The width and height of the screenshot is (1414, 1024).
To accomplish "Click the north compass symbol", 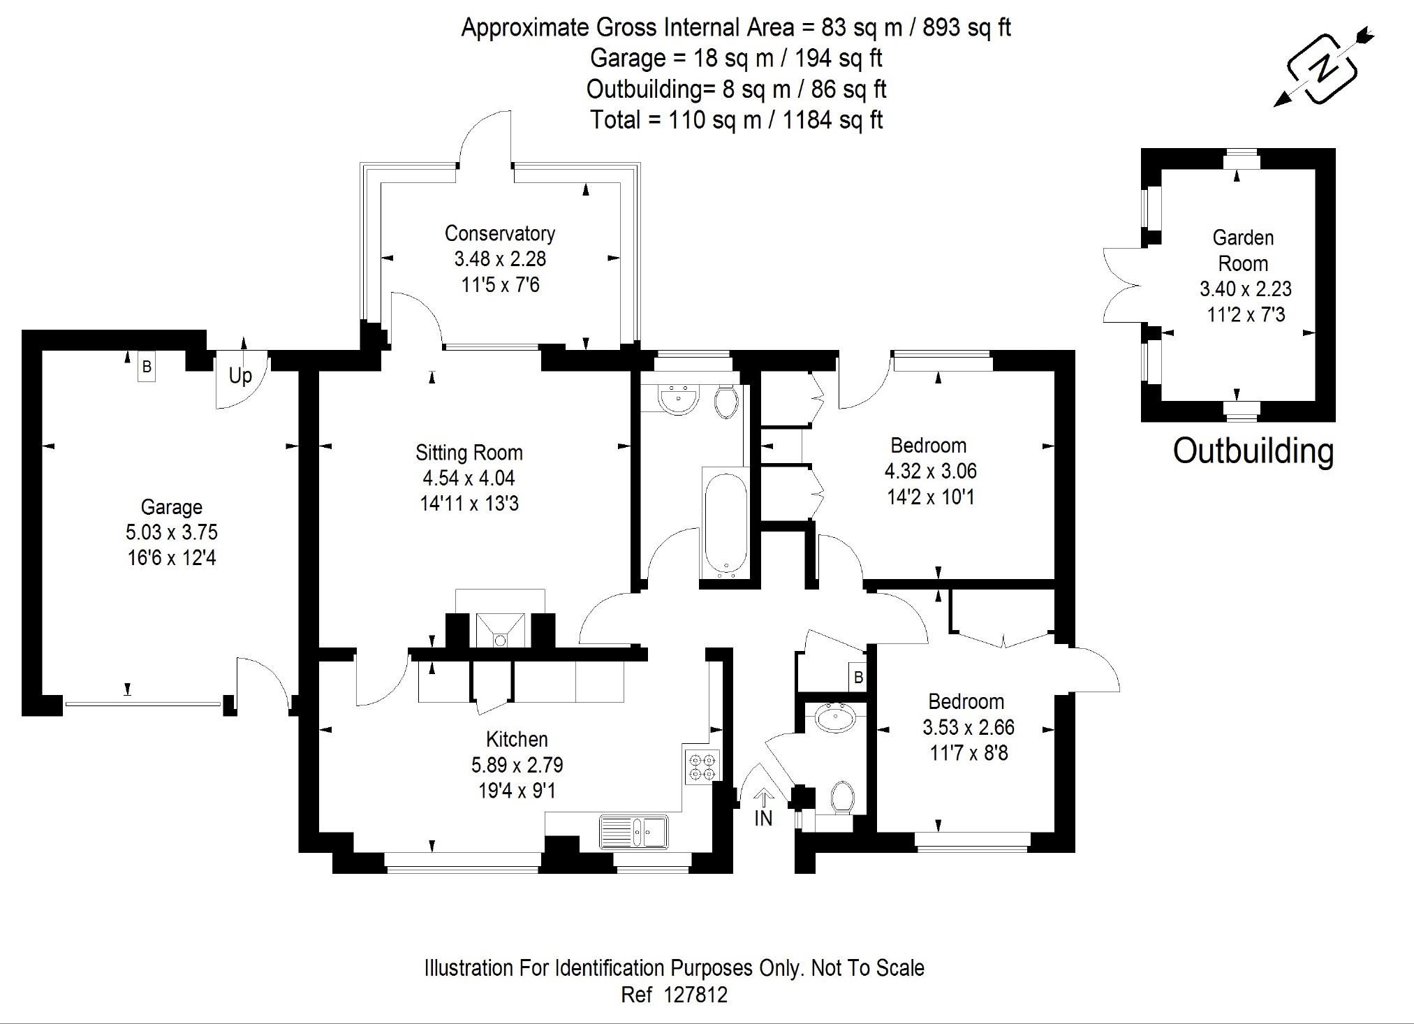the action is [x=1322, y=68].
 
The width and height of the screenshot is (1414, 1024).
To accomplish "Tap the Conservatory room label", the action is [x=499, y=233].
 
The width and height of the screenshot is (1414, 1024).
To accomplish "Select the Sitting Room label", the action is [x=469, y=453].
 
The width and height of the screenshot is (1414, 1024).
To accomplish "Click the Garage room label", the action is [x=172, y=507].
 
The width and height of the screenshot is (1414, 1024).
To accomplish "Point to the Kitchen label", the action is [x=517, y=739].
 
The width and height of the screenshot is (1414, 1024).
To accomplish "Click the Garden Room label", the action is [x=1243, y=250].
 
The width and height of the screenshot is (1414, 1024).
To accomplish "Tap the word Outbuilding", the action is [x=1253, y=451].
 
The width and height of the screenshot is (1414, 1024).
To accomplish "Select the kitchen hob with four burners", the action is [x=702, y=766].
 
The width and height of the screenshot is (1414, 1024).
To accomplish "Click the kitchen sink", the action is [x=634, y=832].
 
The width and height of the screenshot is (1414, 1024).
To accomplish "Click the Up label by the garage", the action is [x=240, y=376].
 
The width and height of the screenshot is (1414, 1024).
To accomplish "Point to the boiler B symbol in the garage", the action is [x=146, y=367].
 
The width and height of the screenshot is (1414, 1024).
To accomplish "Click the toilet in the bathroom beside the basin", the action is [x=726, y=402].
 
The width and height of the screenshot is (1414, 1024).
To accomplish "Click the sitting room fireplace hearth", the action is [x=500, y=629].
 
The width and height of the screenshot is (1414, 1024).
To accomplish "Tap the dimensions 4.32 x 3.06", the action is [x=930, y=471].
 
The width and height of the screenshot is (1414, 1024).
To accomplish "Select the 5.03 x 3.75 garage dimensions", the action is [x=172, y=532].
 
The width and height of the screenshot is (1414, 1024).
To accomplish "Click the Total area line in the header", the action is [x=736, y=120].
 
